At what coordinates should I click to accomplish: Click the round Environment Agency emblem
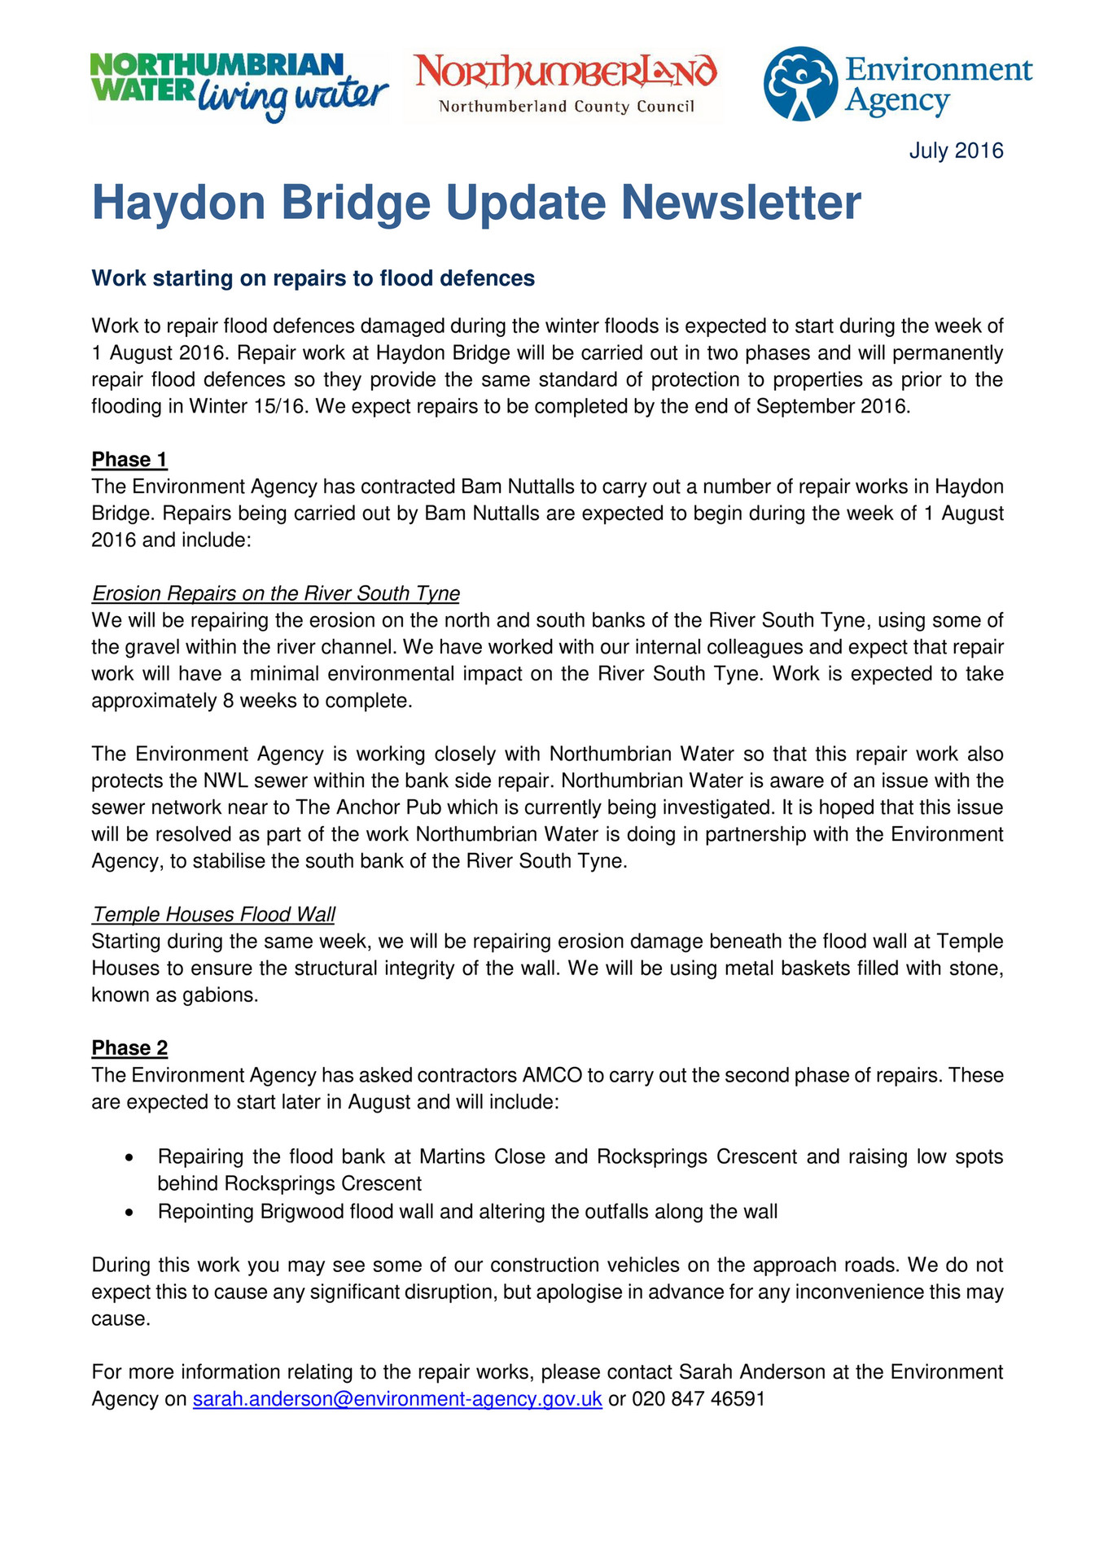(799, 83)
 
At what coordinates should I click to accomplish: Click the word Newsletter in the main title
(740, 203)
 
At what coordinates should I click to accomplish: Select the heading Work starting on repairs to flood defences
(313, 278)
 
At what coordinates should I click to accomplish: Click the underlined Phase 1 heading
(129, 460)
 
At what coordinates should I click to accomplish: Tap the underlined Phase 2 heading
(129, 1048)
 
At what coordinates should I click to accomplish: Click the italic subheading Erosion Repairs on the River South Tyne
(276, 593)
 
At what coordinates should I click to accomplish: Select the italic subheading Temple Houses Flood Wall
(213, 915)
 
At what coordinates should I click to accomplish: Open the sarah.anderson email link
(397, 1399)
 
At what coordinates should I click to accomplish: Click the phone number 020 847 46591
(698, 1399)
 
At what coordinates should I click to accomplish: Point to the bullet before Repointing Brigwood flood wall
(129, 1213)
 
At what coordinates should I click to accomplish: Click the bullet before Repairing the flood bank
(129, 1157)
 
